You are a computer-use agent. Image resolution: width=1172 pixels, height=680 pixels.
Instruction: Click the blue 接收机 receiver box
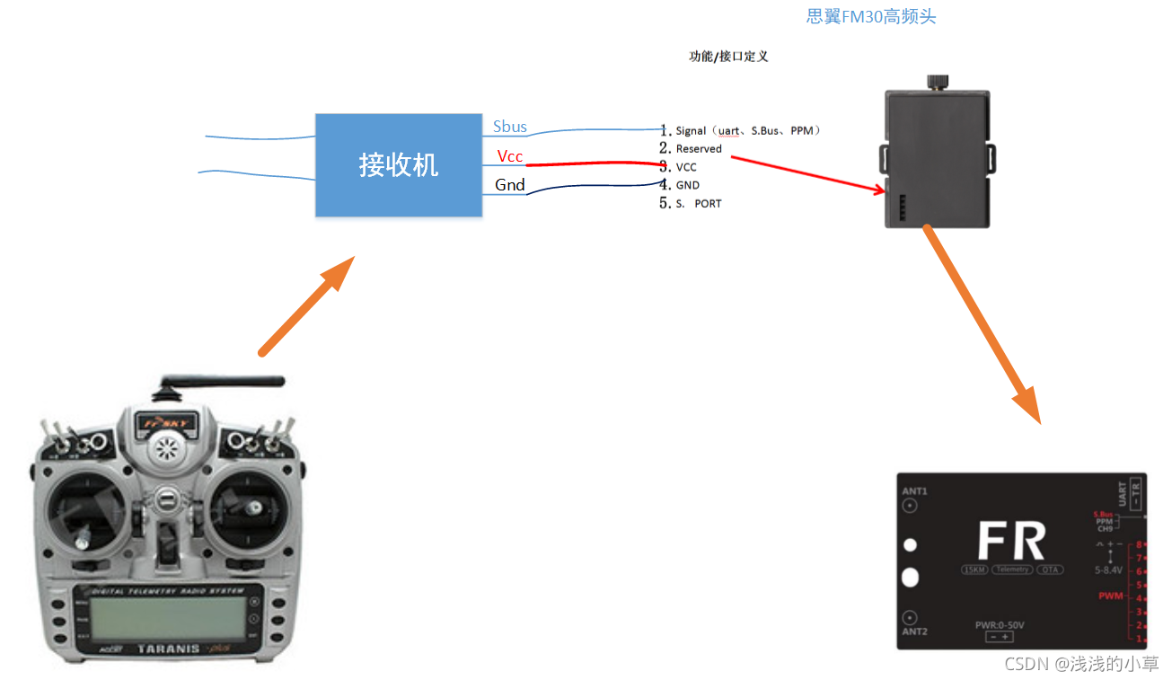(x=398, y=165)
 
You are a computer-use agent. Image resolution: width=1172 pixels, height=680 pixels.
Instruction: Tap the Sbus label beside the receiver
(x=510, y=127)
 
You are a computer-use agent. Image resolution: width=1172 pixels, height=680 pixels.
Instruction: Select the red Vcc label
(x=510, y=156)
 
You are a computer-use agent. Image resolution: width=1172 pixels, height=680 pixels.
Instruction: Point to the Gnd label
(x=510, y=185)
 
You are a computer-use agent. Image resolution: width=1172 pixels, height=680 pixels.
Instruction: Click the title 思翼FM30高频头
(x=871, y=16)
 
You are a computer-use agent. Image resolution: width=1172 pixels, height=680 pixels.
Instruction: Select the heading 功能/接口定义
(x=728, y=56)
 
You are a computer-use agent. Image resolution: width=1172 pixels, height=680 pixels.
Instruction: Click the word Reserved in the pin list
(x=699, y=149)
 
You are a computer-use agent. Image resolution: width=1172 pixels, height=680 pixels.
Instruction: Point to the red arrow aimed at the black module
(x=808, y=174)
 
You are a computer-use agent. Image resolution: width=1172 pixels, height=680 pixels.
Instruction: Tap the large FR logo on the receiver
(x=1011, y=542)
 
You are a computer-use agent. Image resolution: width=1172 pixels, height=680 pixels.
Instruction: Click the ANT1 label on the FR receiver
(x=914, y=491)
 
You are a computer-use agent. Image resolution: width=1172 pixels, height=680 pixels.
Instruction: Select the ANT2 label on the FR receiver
(x=914, y=631)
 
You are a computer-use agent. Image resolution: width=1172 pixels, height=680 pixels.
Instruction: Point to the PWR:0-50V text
(x=1000, y=625)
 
